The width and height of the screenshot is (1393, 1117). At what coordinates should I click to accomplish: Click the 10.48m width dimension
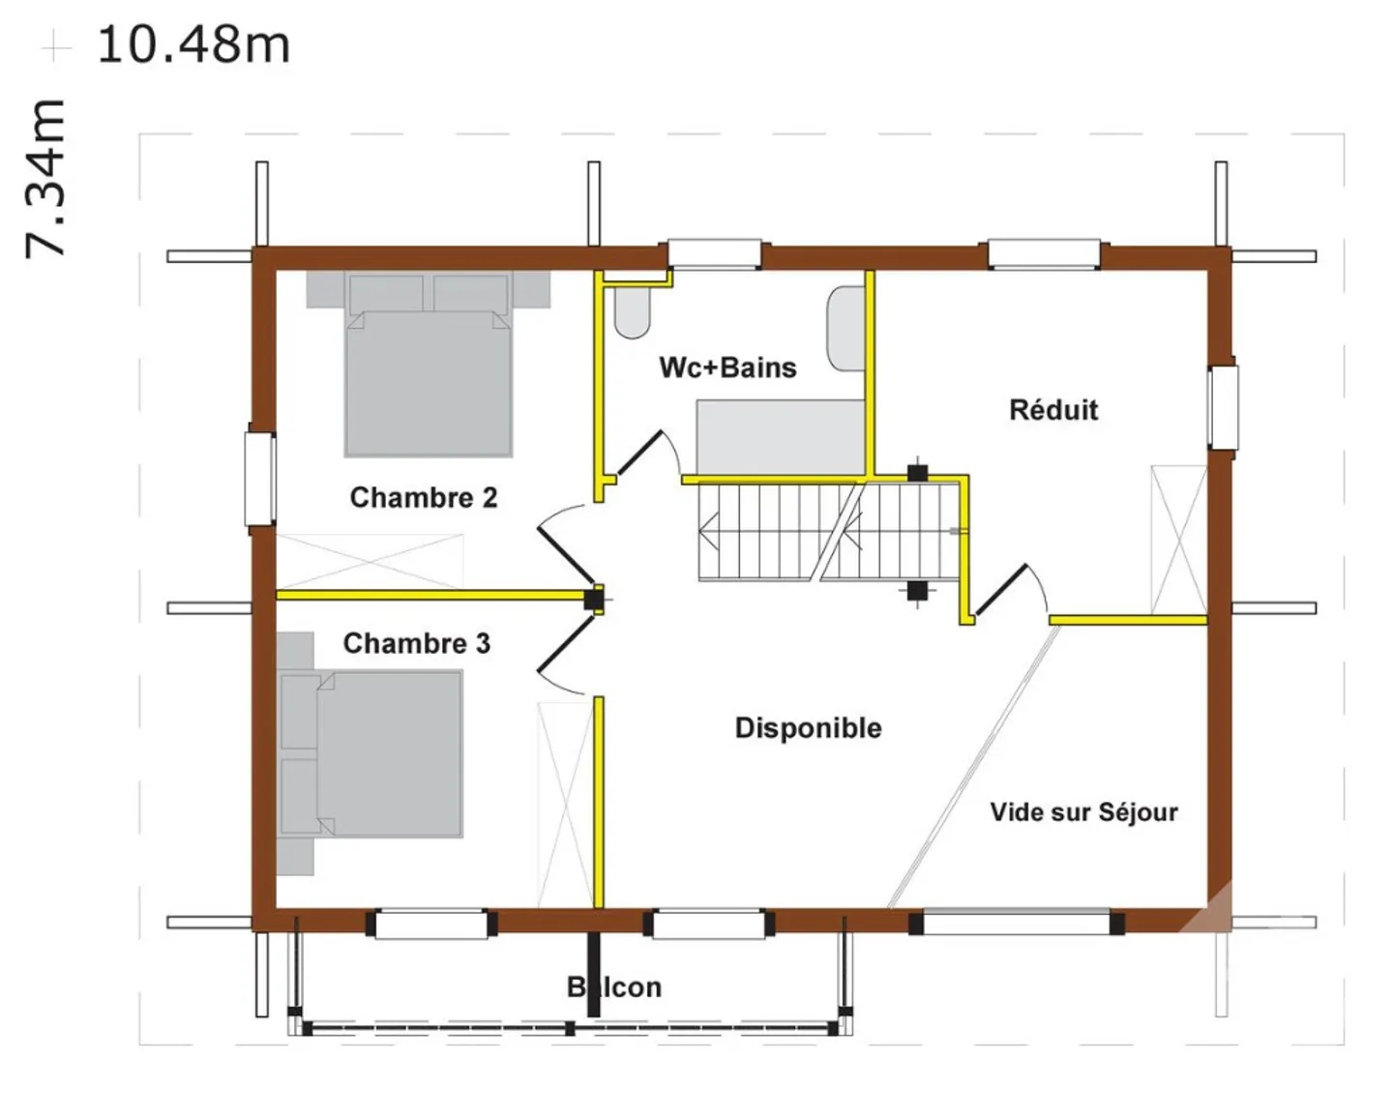193,44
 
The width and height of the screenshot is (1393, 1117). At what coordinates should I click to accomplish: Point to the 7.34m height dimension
44,179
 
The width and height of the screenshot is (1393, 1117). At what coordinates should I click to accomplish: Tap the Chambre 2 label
423,497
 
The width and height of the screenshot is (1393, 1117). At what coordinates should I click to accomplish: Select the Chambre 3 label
416,643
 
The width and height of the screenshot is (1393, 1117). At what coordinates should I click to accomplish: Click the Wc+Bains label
727,367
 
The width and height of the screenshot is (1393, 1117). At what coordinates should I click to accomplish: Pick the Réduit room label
1053,410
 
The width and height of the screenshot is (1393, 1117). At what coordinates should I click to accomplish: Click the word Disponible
808,728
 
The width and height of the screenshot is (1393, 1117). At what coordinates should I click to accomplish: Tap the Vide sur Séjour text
1083,812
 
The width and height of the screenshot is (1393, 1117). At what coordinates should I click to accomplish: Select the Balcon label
614,987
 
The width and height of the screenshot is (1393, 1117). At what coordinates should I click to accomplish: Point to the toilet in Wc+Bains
632,311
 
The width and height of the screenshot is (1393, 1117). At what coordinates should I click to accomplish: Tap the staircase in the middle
827,532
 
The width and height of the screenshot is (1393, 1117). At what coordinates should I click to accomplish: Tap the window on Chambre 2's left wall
259,479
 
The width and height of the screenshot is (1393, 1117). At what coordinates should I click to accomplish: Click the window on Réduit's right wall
1223,407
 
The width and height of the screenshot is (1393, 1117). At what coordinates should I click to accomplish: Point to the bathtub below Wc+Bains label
780,437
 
